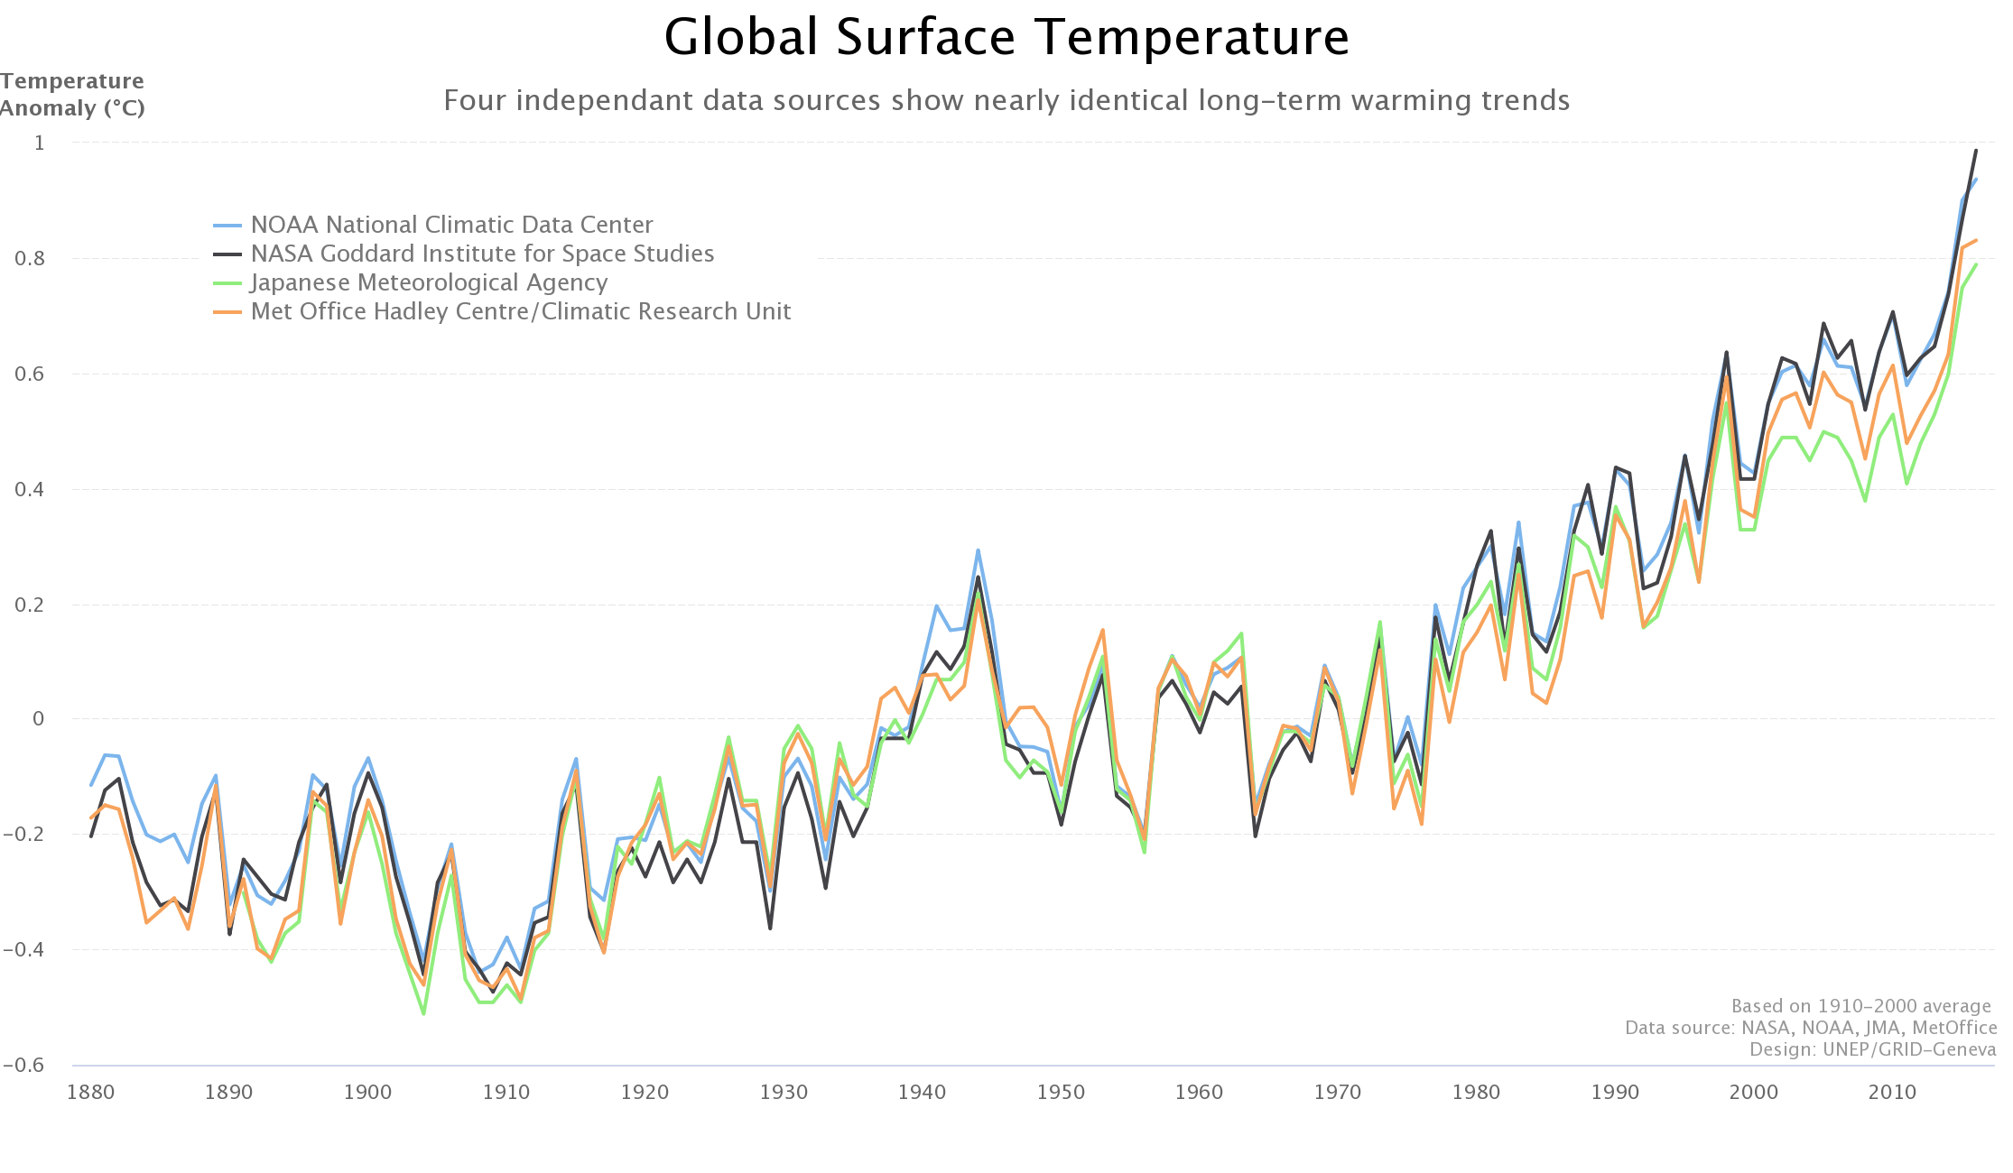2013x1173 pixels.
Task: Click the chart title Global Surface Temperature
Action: point(1006,38)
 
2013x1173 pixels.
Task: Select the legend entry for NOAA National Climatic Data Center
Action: point(451,225)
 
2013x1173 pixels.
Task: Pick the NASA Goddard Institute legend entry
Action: point(482,254)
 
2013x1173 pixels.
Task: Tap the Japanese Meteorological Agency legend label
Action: point(429,282)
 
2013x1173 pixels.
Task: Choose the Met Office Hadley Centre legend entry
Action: point(520,311)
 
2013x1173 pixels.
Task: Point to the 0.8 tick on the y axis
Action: point(30,259)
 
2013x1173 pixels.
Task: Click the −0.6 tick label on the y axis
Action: point(24,1066)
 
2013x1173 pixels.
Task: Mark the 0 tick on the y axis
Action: point(38,719)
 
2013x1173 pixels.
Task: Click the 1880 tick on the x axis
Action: point(91,1093)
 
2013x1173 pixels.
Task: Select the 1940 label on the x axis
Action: point(922,1093)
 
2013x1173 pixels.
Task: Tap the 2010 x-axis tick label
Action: point(1892,1093)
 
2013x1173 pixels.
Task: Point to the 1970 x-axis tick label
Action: point(1338,1093)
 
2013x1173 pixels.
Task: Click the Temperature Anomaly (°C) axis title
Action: point(72,95)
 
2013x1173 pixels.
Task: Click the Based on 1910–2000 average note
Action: point(1860,1006)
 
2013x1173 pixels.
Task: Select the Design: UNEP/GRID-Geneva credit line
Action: point(1872,1049)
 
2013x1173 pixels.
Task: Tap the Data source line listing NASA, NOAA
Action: point(1810,1028)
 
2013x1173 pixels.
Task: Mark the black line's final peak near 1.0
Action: point(1975,151)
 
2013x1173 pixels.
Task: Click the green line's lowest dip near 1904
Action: point(423,1013)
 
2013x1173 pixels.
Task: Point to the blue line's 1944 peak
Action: point(978,550)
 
